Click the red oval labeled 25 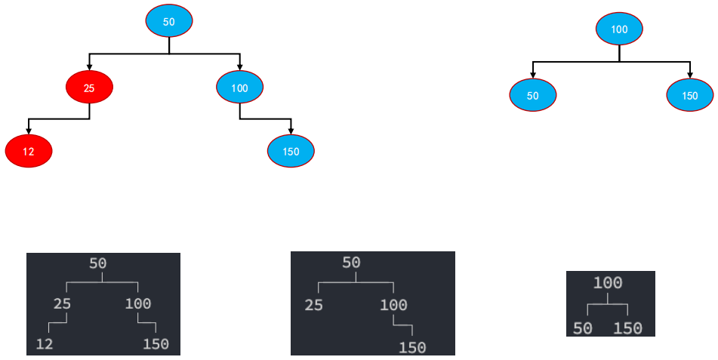pos(89,88)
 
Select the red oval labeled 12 pos(29,152)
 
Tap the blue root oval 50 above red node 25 pos(169,22)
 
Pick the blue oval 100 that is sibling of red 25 pos(239,88)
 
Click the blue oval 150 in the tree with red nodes pos(291,152)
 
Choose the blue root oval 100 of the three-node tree pos(619,29)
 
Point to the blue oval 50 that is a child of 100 pos(533,96)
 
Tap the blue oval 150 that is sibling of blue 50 pos(690,96)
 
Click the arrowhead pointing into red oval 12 pos(29,131)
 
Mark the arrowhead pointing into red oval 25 pos(90,68)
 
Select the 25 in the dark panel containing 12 pos(62,304)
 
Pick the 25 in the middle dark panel pos(313,305)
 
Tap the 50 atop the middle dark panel pos(351,263)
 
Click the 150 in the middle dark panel pos(412,347)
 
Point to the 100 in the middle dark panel pos(393,305)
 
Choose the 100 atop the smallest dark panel pos(608,283)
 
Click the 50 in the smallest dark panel pos(582,328)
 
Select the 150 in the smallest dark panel pos(627,328)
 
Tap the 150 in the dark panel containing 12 pos(156,344)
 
